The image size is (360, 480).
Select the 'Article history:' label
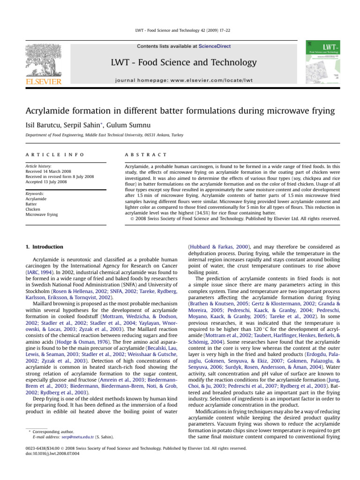tap(38, 166)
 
